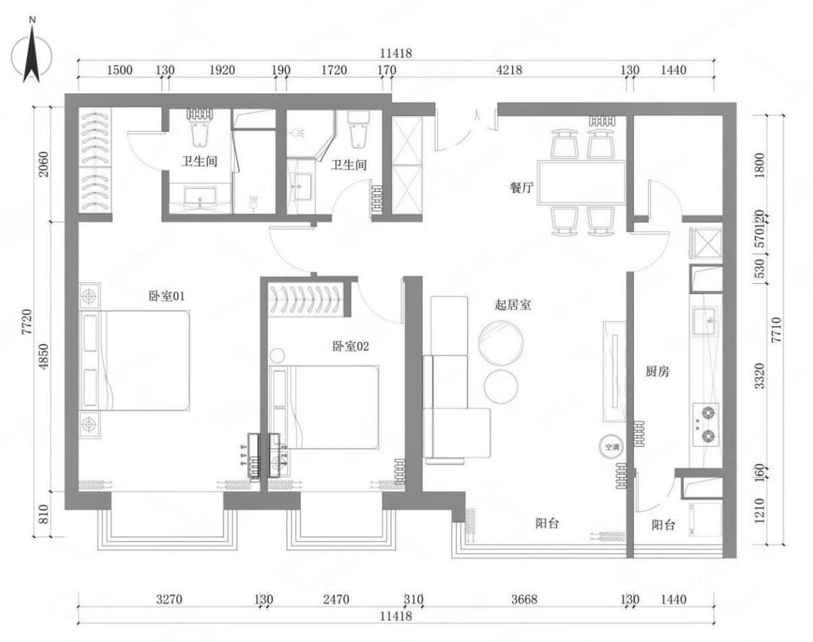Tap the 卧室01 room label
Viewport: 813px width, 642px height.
tap(166, 296)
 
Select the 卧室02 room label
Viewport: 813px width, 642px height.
tap(350, 346)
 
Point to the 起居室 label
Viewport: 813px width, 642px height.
tap(513, 305)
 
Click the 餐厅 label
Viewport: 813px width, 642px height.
tap(522, 188)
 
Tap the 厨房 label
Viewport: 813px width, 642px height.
tap(658, 371)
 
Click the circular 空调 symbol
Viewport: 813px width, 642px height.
tap(612, 446)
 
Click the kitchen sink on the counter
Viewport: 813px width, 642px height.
tap(705, 322)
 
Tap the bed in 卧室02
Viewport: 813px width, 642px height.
tap(324, 407)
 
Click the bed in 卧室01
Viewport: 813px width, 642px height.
tap(134, 360)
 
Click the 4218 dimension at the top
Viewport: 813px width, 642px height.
tap(509, 69)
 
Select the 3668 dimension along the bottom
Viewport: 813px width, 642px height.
tap(524, 599)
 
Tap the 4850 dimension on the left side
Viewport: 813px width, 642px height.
tap(43, 357)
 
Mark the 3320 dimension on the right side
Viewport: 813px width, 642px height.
tap(760, 376)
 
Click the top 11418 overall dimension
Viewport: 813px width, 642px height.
tap(395, 53)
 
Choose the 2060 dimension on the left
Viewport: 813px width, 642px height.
tap(43, 164)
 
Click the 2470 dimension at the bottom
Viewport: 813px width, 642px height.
tap(336, 599)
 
